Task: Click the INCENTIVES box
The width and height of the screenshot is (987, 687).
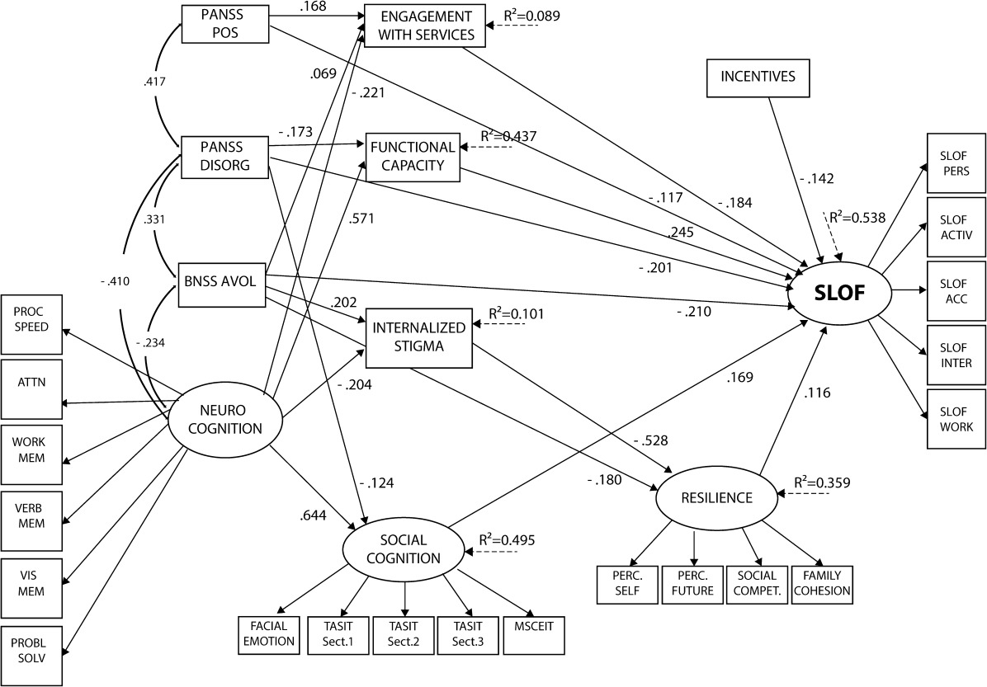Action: [x=758, y=77]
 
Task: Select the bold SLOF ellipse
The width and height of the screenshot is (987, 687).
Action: [x=840, y=293]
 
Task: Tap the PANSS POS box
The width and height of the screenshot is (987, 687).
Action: [x=224, y=24]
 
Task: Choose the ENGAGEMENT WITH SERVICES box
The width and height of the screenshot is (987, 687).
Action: [x=426, y=26]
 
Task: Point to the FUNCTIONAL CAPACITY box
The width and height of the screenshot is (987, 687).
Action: [x=413, y=157]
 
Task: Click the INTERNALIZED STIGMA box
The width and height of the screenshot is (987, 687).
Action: [x=418, y=337]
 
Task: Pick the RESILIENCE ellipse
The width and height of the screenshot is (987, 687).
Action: [x=716, y=498]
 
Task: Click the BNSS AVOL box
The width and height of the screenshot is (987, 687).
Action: [x=221, y=285]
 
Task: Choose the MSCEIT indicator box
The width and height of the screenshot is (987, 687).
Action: [x=535, y=635]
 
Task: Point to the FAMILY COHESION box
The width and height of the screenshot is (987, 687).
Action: [x=822, y=585]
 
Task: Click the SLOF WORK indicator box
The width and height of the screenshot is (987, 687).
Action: [x=956, y=419]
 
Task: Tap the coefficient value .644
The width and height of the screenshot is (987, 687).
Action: [x=314, y=516]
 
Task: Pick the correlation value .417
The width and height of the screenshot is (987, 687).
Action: [x=155, y=81]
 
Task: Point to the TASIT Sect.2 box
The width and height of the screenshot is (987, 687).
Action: [x=404, y=635]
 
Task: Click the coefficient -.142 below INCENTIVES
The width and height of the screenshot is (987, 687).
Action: [x=815, y=179]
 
